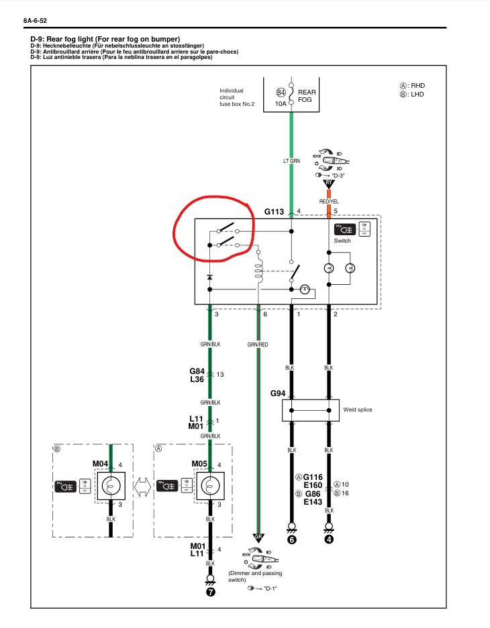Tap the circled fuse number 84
[281, 92]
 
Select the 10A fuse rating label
[281, 105]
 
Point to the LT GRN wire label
[291, 162]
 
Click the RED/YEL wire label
[329, 200]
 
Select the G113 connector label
[275, 211]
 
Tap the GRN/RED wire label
[258, 344]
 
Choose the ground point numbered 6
[291, 540]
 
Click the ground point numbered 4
[329, 540]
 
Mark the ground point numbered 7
[210, 592]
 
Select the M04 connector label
[101, 463]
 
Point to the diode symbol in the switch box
[209, 276]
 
